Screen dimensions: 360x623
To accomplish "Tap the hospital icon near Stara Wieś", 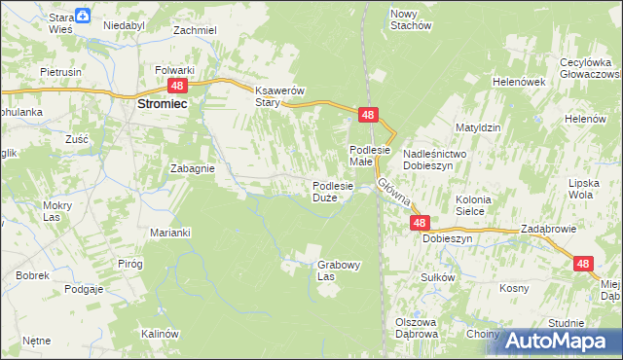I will point(84,16).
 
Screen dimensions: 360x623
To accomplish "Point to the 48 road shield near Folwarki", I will point(175,86).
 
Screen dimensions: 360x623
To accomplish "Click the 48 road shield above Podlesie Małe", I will point(367,115).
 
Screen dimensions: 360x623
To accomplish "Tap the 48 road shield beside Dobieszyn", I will point(419,223).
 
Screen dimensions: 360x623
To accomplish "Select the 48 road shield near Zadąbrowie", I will point(583,264).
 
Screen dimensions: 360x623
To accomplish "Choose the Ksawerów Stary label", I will point(268,95).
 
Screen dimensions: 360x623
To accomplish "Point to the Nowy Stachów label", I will point(410,19).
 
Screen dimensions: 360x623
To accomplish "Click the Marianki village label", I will point(169,233).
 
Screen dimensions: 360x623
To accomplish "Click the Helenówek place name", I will point(518,82).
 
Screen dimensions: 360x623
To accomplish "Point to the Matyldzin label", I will point(478,127).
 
